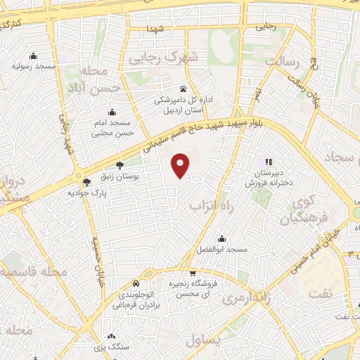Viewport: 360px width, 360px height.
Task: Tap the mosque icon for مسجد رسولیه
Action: click(33, 56)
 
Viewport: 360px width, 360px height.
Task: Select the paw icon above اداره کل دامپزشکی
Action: click(184, 89)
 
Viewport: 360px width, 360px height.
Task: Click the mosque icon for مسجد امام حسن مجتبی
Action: click(112, 112)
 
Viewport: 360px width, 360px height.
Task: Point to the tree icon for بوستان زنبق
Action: click(119, 166)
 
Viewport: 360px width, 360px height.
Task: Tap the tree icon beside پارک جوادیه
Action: click(86, 182)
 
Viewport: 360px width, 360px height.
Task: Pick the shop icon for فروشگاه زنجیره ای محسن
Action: click(193, 273)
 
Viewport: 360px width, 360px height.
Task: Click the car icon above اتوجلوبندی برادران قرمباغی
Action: click(148, 274)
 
